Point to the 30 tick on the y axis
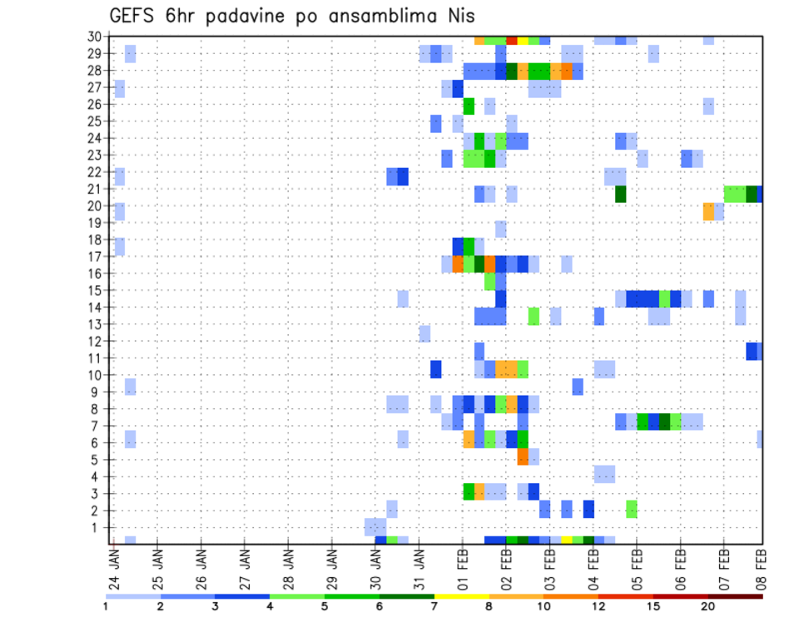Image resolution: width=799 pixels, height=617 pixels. pyautogui.click(x=97, y=37)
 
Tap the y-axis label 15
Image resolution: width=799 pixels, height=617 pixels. pyautogui.click(x=97, y=290)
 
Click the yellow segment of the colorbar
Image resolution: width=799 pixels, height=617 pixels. pyautogui.click(x=461, y=595)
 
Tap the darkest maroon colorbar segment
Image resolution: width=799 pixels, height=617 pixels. pyautogui.click(x=735, y=595)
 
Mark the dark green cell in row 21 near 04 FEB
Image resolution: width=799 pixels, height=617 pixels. pyautogui.click(x=620, y=194)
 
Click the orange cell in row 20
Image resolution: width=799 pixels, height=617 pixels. pyautogui.click(x=708, y=211)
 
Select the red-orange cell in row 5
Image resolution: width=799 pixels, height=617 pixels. pyautogui.click(x=523, y=457)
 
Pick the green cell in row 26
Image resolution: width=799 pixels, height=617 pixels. pyautogui.click(x=469, y=106)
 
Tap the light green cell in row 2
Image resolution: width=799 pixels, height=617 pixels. pyautogui.click(x=632, y=508)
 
